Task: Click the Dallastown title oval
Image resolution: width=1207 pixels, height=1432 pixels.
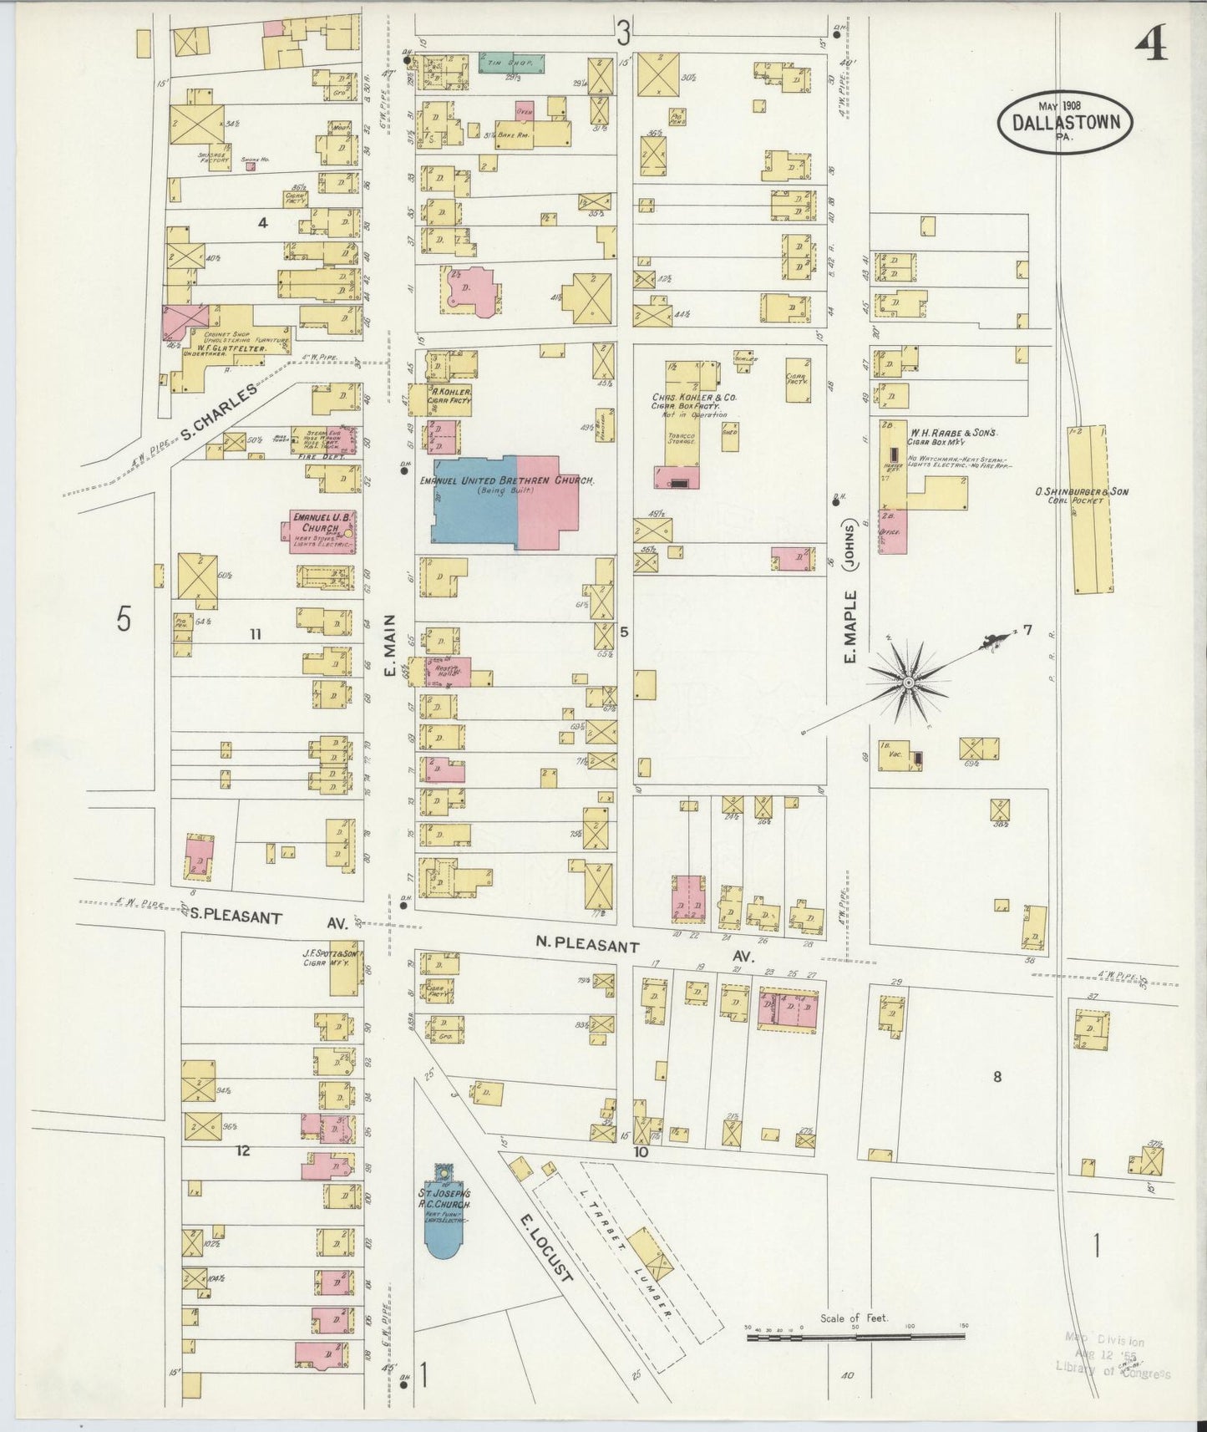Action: point(1066,119)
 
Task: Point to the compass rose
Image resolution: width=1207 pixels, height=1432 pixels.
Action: point(907,683)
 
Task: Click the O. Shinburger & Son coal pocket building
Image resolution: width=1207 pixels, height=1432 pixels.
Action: point(1090,510)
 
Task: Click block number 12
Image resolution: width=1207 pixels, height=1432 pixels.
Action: point(243,1150)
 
